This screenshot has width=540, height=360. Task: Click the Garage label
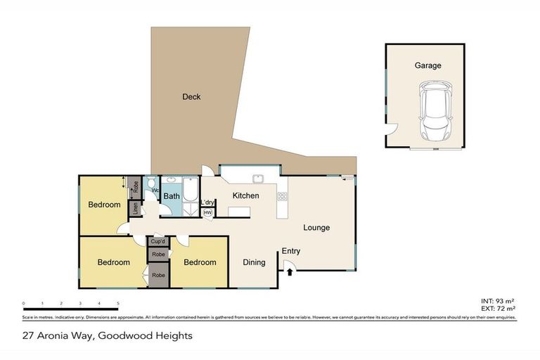pos(427,65)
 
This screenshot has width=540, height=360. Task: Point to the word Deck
pos(191,97)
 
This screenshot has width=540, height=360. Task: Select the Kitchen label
pos(246,195)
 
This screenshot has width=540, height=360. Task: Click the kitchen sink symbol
pos(258,179)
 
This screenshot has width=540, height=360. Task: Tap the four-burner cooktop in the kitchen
pos(282,196)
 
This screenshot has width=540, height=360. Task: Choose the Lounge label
pos(316,228)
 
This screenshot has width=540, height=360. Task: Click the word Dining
pos(254,263)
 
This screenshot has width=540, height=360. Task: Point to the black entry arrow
pos(289,270)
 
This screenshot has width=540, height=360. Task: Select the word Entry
pos(291,251)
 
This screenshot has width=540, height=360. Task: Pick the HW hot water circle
pos(207,212)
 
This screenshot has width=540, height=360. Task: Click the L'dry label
pos(207,203)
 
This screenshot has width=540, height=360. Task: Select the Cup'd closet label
pos(157,241)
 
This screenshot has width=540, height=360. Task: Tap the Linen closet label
pos(136,209)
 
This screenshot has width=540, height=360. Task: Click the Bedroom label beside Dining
pos(200,263)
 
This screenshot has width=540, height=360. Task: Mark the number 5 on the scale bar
pos(117,304)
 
